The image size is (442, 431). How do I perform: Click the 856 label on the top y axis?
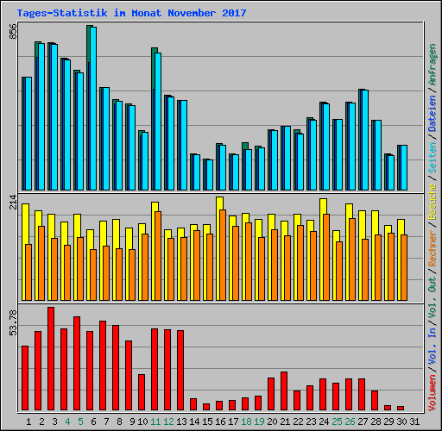[x=12, y=31]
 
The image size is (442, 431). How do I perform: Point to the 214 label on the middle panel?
[x=12, y=201]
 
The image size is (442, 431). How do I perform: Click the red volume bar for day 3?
[x=51, y=358]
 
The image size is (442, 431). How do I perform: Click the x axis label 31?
[x=414, y=422]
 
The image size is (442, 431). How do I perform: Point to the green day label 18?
[x=246, y=422]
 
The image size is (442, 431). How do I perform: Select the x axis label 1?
[x=28, y=422]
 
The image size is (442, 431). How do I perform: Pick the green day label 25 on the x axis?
[x=337, y=422]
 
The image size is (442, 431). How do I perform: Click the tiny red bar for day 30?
[x=401, y=407]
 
